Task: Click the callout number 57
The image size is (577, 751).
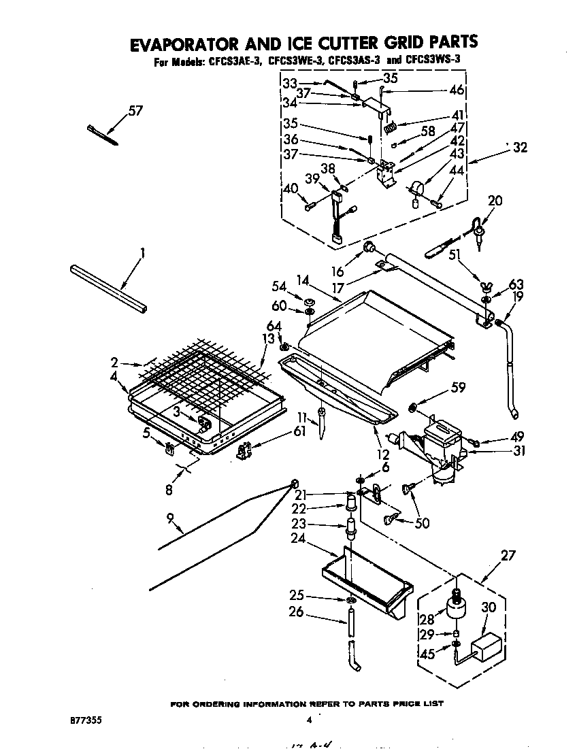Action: click(x=135, y=111)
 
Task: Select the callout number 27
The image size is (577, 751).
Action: click(x=509, y=556)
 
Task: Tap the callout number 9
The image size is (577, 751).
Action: click(x=172, y=521)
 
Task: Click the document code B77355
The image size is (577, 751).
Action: click(x=87, y=718)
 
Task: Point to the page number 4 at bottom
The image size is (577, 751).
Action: click(x=308, y=719)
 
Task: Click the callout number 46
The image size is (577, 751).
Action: click(x=457, y=89)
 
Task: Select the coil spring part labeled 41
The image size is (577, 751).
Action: click(x=391, y=127)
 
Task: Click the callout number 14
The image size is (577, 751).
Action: click(x=303, y=279)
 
